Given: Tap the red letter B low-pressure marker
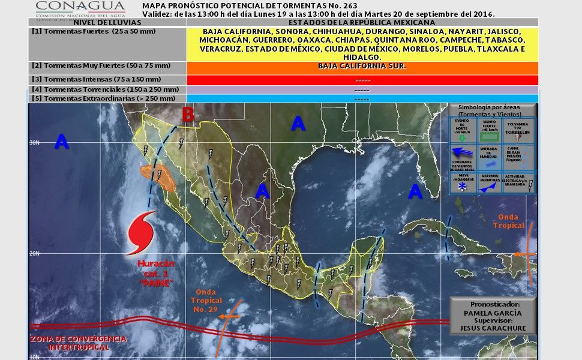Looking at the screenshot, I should point(188,115).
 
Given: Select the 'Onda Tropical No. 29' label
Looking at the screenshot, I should point(207,300).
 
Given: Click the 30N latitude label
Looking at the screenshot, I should point(35,142).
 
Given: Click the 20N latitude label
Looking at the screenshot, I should point(35,253).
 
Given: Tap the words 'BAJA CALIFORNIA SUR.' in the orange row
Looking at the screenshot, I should point(362,66).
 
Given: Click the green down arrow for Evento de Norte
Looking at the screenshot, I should point(463,137).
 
